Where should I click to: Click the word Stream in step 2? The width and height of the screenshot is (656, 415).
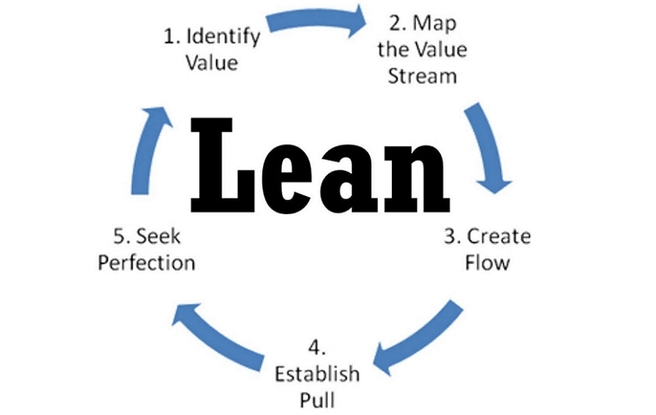pyautogui.click(x=422, y=77)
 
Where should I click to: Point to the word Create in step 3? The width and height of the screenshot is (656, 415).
pyautogui.click(x=499, y=237)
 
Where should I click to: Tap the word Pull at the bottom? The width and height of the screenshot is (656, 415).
pyautogui.click(x=317, y=401)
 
